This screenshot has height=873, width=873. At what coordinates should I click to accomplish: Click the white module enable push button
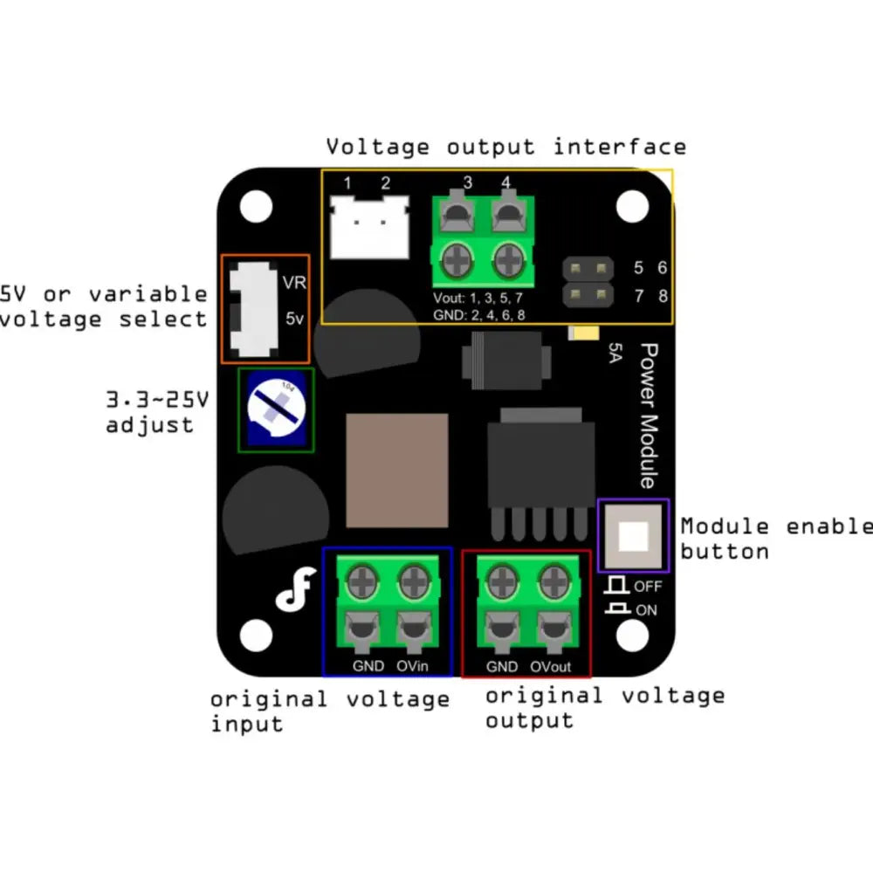click(633, 534)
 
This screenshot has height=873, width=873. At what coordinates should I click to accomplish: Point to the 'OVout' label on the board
click(550, 666)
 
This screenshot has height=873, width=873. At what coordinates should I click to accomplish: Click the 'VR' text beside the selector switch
click(292, 283)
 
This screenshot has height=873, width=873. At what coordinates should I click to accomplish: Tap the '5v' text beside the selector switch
click(294, 319)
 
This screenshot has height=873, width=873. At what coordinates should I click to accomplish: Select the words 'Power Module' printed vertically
click(649, 415)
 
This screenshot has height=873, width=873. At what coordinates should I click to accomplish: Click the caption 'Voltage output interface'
click(505, 146)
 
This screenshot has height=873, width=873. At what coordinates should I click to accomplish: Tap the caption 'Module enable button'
click(775, 539)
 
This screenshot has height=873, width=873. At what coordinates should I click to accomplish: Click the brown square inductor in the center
click(397, 470)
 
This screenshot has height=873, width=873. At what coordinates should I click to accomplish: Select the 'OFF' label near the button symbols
click(648, 587)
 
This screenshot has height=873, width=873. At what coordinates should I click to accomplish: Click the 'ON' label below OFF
click(647, 610)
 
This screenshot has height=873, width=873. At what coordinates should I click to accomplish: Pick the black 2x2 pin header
click(588, 281)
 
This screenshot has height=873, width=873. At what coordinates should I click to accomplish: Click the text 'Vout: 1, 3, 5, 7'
click(478, 298)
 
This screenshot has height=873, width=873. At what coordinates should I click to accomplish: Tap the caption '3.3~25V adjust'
click(157, 413)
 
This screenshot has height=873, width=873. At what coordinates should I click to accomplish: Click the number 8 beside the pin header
click(663, 296)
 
